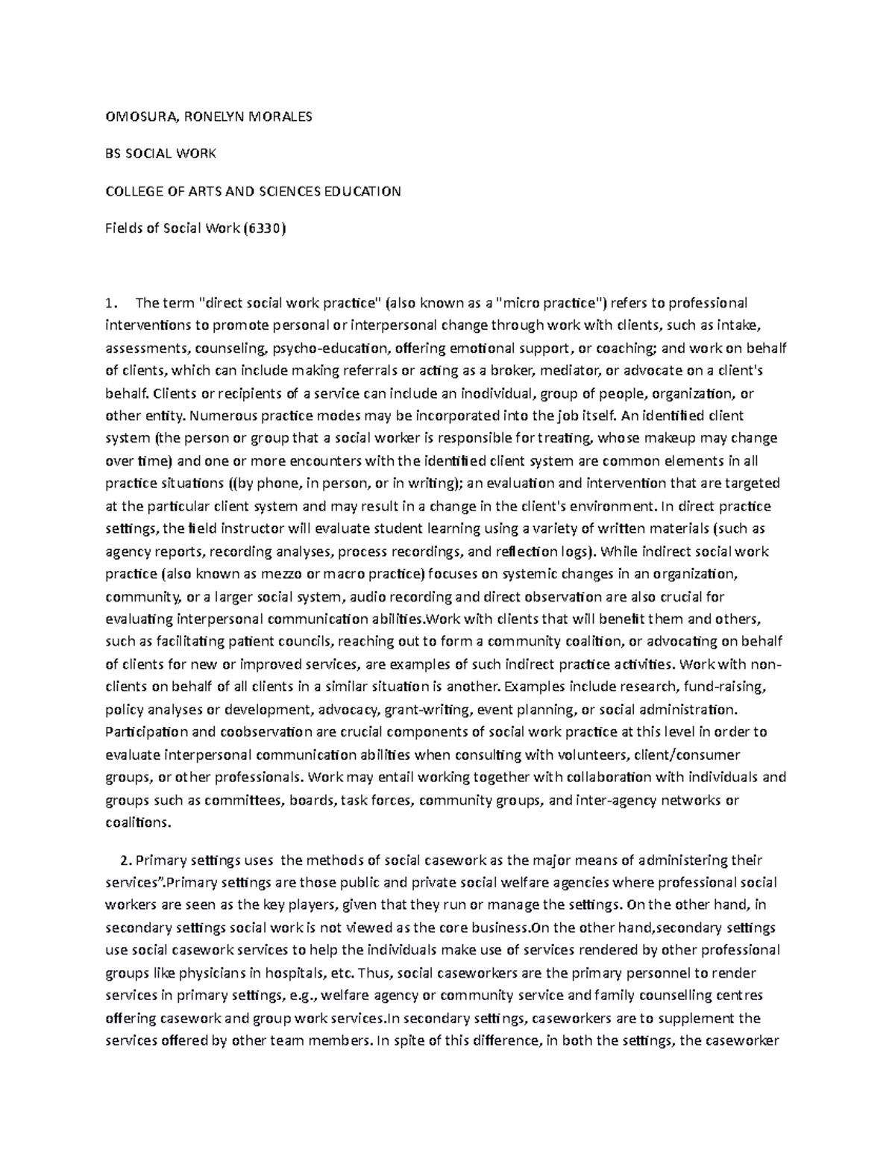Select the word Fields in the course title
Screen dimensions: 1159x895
click(x=122, y=229)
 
